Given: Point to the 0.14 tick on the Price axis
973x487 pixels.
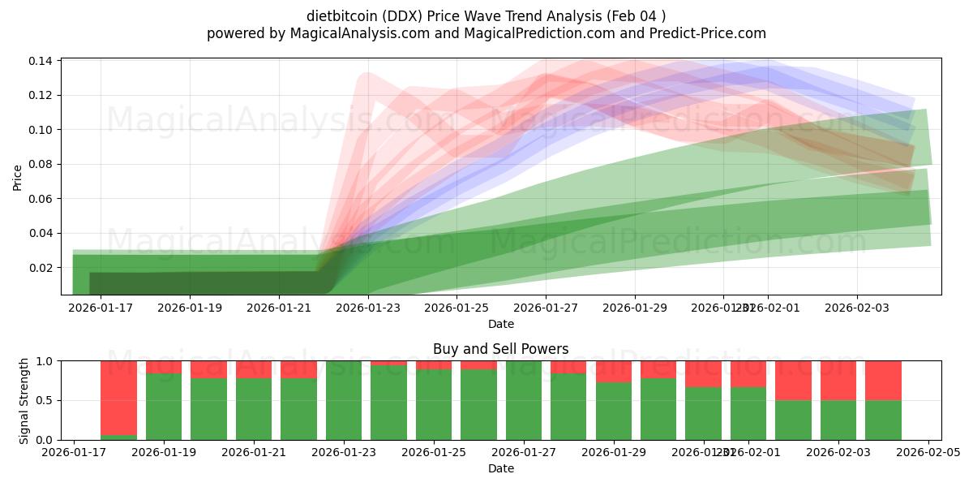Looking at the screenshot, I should pyautogui.click(x=42, y=61).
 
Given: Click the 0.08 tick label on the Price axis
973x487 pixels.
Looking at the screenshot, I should pyautogui.click(x=42, y=164).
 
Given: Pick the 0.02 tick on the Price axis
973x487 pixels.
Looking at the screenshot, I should pyautogui.click(x=42, y=268).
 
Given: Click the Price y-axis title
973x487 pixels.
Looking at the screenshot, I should pyautogui.click(x=17, y=176).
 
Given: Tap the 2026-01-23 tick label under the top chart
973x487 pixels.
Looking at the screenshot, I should pyautogui.click(x=368, y=308).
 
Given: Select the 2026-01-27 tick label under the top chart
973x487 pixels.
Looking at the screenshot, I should pyautogui.click(x=546, y=308).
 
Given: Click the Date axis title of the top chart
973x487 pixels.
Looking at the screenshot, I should pyautogui.click(x=500, y=324).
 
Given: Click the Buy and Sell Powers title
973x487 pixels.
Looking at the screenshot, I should pyautogui.click(x=500, y=349).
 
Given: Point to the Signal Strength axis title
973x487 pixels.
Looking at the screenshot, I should pyautogui.click(x=24, y=400).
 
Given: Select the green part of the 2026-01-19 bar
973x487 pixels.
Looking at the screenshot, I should pyautogui.click(x=164, y=406).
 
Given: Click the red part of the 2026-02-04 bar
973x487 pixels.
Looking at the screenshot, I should pyautogui.click(x=883, y=380).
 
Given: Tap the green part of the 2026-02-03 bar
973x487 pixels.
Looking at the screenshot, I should pyautogui.click(x=838, y=420).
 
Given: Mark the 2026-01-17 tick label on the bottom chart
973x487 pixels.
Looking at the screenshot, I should pyautogui.click(x=74, y=453).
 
